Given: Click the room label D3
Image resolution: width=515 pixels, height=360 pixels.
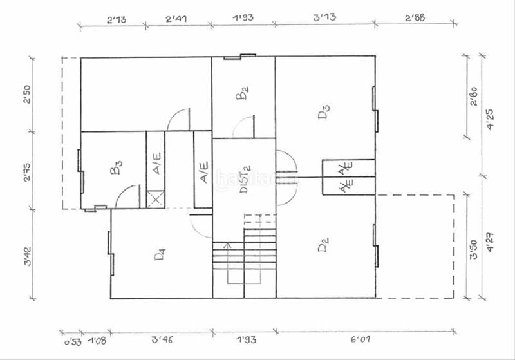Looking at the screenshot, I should (x=324, y=113).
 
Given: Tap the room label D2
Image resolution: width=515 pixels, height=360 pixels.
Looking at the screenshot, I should (x=324, y=245).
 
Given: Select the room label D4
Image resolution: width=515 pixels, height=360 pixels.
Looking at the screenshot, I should (x=161, y=254).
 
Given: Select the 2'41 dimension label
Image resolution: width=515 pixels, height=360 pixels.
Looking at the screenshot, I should (x=176, y=19).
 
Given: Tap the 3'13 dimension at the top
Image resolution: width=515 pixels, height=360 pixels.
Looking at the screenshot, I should (x=324, y=19).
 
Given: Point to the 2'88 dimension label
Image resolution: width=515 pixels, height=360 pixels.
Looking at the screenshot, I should (x=415, y=19).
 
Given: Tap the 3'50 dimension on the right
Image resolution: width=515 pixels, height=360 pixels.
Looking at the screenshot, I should (x=474, y=249).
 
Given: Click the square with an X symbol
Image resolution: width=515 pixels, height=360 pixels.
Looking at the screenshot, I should (x=155, y=199).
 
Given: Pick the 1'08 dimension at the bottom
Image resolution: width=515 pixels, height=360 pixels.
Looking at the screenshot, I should (x=97, y=340).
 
